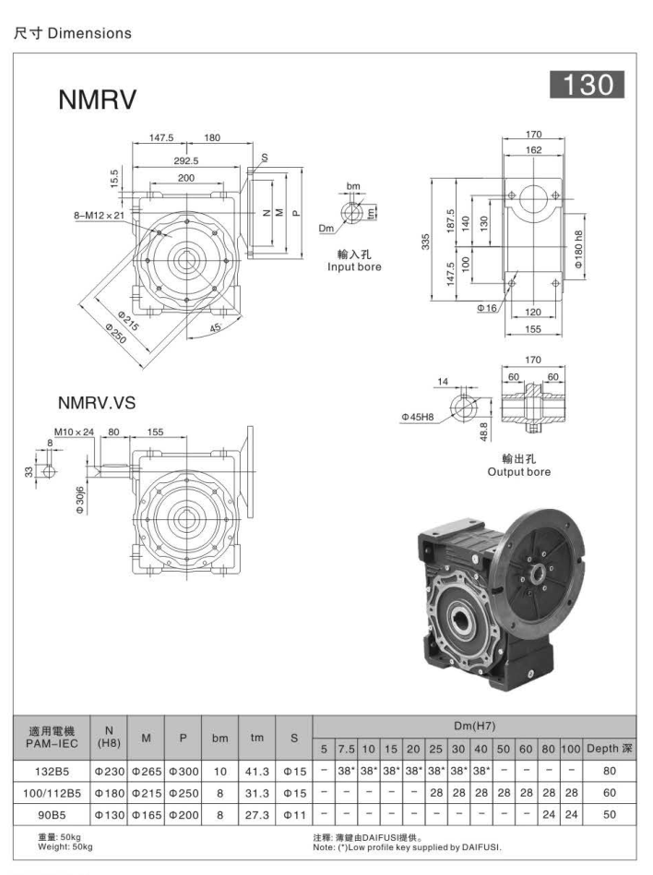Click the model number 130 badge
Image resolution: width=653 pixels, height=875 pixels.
[x=588, y=85]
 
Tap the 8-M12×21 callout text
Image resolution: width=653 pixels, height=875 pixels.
[x=99, y=215]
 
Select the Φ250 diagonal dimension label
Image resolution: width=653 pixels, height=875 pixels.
[x=117, y=335]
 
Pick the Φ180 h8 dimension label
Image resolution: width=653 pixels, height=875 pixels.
[x=578, y=247]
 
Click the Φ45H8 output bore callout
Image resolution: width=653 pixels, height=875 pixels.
[x=419, y=417]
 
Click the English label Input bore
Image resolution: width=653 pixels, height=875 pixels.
[x=354, y=266]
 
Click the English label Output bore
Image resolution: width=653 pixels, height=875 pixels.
[x=519, y=472]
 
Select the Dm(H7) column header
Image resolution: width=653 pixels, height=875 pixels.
[x=475, y=727]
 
